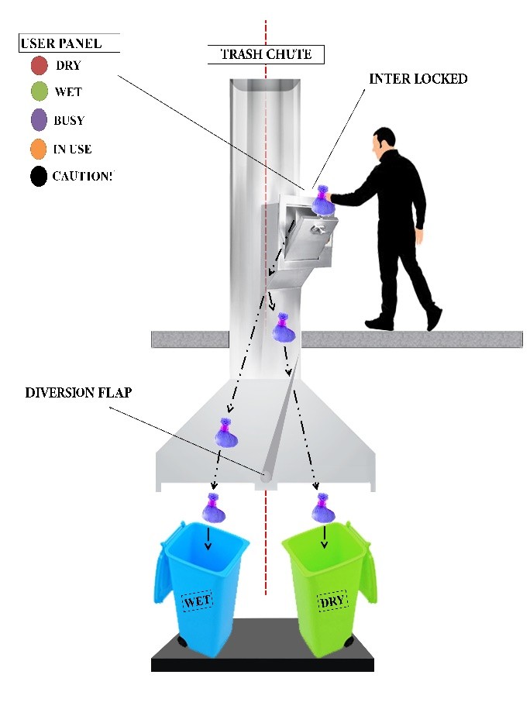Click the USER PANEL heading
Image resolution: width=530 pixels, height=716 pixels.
pos(70,43)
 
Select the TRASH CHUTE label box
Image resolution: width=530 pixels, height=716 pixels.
pos(265,54)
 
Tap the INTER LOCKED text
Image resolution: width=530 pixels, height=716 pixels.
pos(418,79)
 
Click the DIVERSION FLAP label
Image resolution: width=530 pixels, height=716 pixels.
pos(78,392)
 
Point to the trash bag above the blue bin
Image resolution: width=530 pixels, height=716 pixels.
pos(213,508)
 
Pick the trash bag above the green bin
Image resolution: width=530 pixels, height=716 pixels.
pos(322,508)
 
